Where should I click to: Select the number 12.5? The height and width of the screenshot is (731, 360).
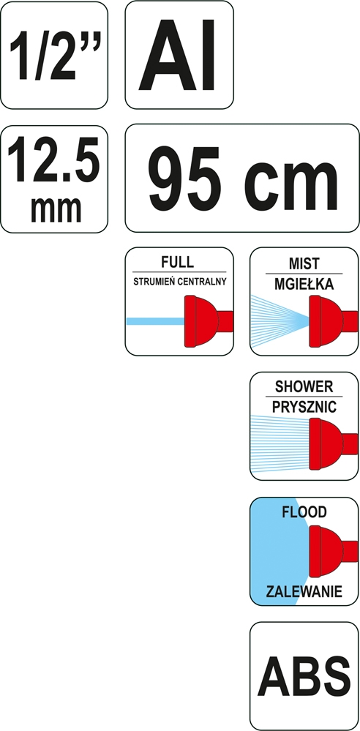53,161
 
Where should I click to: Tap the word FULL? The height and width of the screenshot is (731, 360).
177,262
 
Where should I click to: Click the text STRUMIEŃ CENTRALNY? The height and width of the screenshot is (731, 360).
179,282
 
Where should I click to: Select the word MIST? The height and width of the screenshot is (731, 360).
304,264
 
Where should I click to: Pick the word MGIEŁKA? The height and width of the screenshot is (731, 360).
304,284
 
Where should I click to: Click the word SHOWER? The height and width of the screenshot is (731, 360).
304,387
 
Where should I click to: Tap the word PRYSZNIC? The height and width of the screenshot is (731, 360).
304,407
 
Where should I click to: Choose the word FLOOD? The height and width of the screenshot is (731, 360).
304,512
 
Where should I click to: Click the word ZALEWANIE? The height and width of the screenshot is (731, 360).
304,592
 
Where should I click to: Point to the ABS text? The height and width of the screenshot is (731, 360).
304,676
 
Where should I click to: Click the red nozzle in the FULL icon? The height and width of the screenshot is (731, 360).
209,321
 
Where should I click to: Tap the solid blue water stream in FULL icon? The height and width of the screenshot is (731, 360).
156,321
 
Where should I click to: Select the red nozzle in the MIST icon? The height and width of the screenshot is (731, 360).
333,321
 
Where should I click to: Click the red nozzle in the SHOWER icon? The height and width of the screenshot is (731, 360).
333,444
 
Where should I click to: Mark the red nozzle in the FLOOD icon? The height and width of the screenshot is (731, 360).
333,552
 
